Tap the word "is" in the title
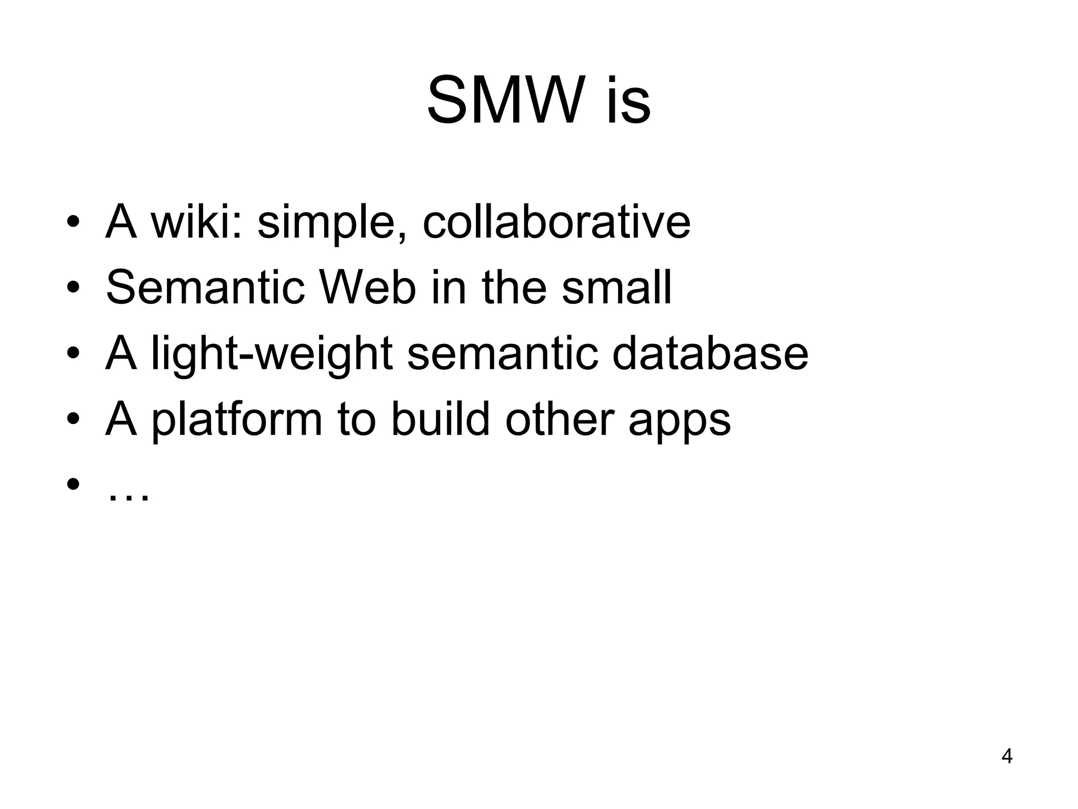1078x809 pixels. tap(628, 100)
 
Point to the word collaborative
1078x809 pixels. tap(556, 222)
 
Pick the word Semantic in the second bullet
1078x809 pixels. tap(205, 288)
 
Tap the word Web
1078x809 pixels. tap(367, 288)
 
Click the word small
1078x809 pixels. tap(616, 288)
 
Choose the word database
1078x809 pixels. tap(710, 353)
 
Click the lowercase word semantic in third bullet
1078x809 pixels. tap(503, 353)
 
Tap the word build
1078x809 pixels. tap(440, 419)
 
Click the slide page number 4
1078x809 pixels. tap(1006, 756)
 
